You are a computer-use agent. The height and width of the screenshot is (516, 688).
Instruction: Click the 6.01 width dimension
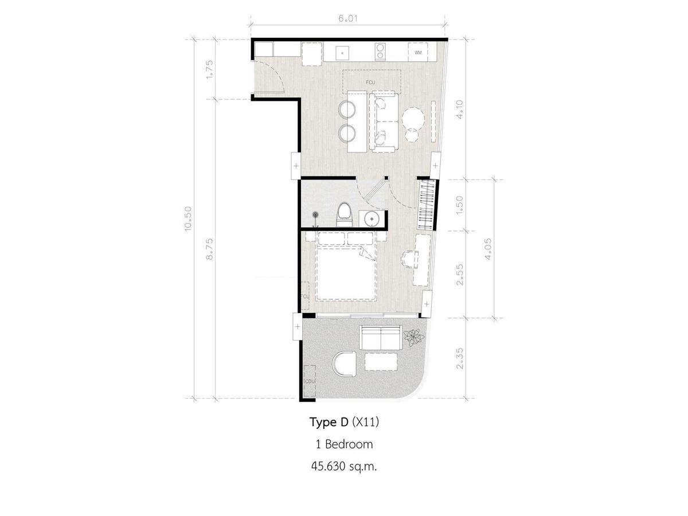pos(347,18)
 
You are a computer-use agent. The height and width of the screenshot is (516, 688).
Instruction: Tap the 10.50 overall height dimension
pos(188,218)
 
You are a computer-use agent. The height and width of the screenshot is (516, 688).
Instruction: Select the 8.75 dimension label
pos(209,250)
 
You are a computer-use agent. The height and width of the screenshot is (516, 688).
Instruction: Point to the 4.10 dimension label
pos(459,110)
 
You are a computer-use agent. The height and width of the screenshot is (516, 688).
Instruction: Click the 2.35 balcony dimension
pos(459,359)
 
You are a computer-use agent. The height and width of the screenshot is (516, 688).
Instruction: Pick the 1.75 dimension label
pos(209,69)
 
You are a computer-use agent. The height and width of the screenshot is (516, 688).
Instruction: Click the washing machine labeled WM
pos(418,52)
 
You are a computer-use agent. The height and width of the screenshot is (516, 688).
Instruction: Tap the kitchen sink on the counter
pos(342,53)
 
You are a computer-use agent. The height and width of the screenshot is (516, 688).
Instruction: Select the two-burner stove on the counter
pos(380,52)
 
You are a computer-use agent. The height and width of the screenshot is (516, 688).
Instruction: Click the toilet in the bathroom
pos(345,214)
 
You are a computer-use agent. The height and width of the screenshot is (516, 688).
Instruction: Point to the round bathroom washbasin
pos(372,218)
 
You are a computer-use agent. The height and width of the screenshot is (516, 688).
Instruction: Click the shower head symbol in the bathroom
pos(315,215)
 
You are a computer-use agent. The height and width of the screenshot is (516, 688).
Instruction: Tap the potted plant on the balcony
pos(414,338)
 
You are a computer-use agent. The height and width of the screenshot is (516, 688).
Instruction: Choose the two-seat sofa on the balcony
pos(381,338)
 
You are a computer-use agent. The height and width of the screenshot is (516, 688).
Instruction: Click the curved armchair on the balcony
pos(344,365)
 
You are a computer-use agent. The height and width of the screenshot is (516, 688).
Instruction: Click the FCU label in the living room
pos(370,83)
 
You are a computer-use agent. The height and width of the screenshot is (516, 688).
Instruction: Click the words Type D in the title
pos(329,423)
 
